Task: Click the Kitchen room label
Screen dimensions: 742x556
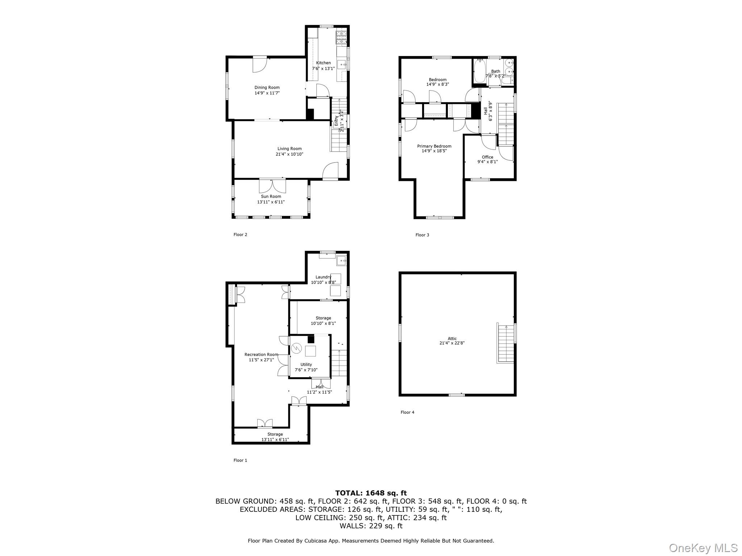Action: click(323, 63)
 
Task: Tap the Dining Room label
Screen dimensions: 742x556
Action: click(267, 88)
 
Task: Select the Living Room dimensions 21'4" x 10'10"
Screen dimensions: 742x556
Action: click(289, 154)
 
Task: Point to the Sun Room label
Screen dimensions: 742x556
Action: click(271, 197)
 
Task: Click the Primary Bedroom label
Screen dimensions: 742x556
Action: click(434, 146)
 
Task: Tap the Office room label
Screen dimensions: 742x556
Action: click(487, 157)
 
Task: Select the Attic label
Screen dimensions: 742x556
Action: click(452, 338)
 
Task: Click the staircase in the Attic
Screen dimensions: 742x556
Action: click(505, 343)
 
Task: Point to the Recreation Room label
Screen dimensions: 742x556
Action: click(261, 355)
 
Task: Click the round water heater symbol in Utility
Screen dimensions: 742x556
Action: click(296, 348)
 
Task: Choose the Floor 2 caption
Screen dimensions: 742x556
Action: click(240, 235)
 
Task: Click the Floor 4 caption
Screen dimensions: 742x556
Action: click(407, 412)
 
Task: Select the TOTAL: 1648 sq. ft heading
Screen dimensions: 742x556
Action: click(371, 493)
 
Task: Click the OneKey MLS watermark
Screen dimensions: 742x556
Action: click(703, 548)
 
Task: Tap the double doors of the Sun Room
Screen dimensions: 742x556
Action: click(272, 186)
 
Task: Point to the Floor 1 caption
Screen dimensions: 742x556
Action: click(240, 460)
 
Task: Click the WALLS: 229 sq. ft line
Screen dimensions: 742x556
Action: click(371, 526)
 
